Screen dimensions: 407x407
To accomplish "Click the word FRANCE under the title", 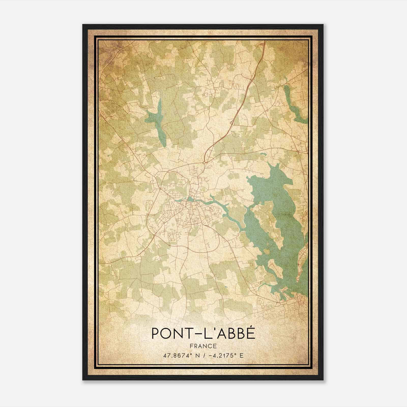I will (203, 346).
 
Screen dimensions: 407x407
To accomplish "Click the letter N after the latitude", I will (196, 355).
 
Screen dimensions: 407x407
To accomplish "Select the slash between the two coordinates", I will (203, 355).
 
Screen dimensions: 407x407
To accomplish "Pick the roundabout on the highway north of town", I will (204, 162).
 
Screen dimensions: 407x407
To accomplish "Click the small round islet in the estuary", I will (266, 251).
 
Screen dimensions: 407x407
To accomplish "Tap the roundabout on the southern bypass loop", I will (188, 247).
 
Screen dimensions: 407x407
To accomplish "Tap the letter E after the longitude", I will (241, 355).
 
